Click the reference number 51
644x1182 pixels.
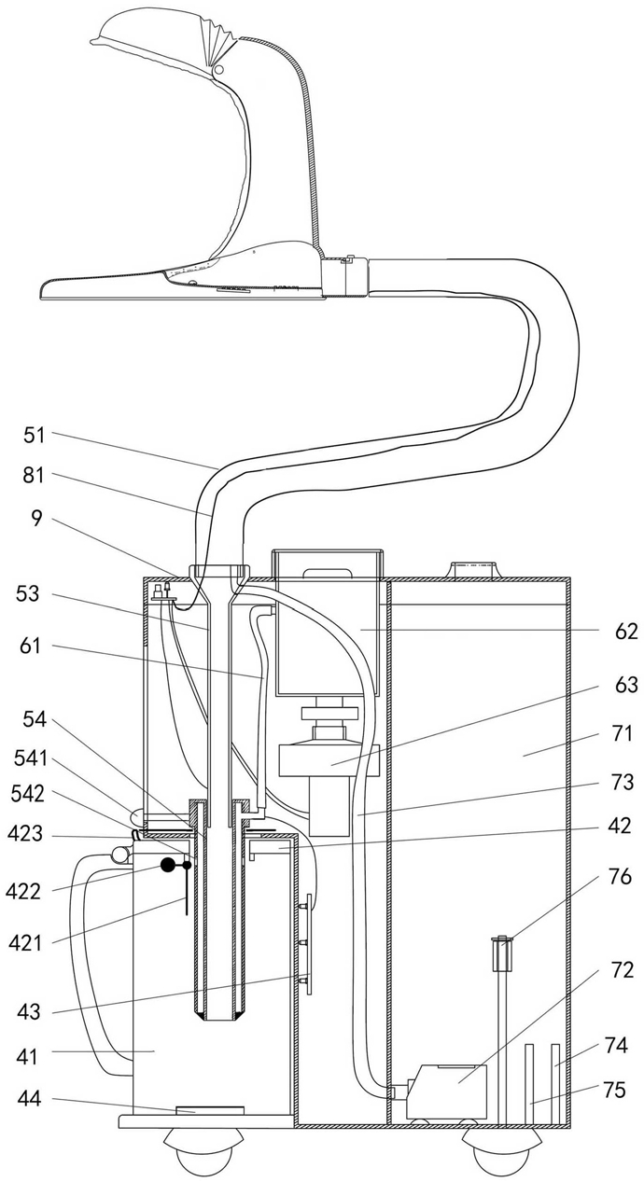pyautogui.click(x=35, y=436)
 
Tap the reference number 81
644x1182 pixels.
pyautogui.click(x=33, y=476)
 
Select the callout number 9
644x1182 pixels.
pyautogui.click(x=35, y=519)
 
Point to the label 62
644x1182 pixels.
pyautogui.click(x=626, y=631)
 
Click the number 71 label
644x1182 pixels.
pyautogui.click(x=623, y=734)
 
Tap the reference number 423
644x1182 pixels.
pyautogui.click(x=25, y=834)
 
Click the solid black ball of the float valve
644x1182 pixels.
pyautogui.click(x=168, y=864)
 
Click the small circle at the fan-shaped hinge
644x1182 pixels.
pyautogui.click(x=218, y=69)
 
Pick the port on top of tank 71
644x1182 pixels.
pyautogui.click(x=472, y=570)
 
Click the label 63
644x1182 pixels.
pyautogui.click(x=626, y=685)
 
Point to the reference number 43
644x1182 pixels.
pyautogui.click(x=29, y=1011)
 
